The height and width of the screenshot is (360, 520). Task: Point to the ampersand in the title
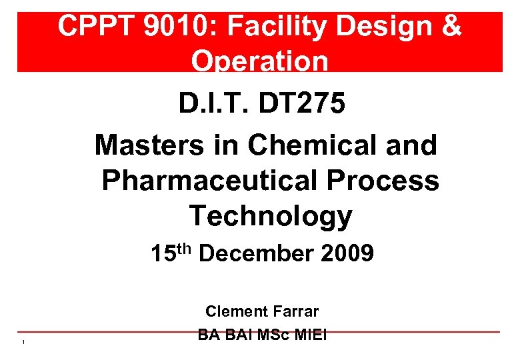coord(451,27)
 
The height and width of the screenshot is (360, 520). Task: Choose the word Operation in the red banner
coord(259,61)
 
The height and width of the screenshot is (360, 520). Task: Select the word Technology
coord(271,216)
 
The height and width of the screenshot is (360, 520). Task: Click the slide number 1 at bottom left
coord(23,343)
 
